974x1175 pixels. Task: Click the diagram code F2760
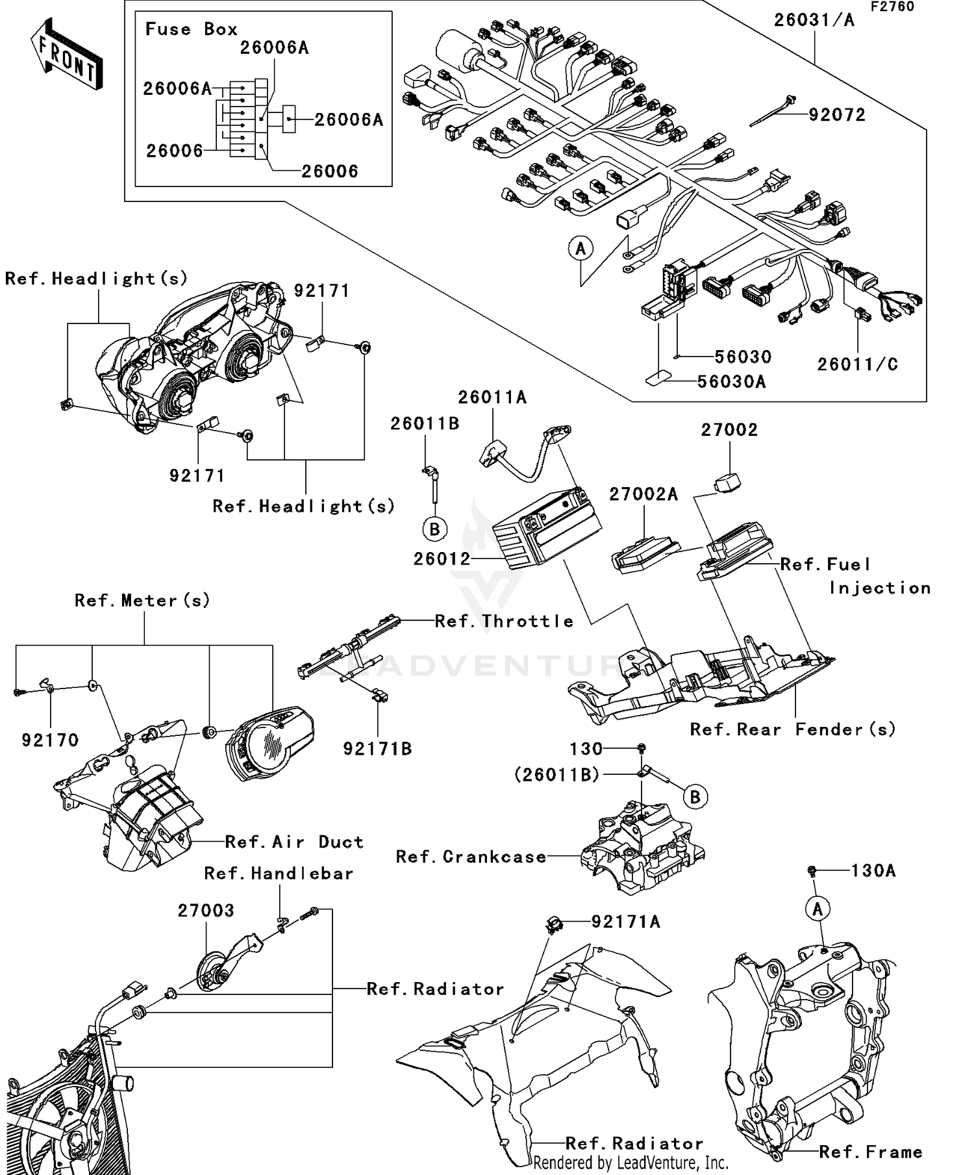[x=892, y=6]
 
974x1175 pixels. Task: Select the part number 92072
[x=837, y=116]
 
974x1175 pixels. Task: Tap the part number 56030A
[x=731, y=382]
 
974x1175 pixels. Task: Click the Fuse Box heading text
[x=191, y=29]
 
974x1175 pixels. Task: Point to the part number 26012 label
[x=442, y=559]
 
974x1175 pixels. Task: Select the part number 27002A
[x=643, y=494]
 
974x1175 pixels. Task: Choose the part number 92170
[x=50, y=740]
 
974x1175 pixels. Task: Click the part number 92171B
[x=377, y=749]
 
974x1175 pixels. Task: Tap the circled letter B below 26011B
[x=435, y=529]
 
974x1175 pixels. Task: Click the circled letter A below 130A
[x=818, y=909]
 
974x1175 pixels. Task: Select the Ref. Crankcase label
[x=471, y=857]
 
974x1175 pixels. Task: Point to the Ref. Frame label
[x=870, y=1152]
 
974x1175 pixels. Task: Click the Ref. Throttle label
[x=504, y=621]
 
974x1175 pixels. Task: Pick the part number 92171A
[x=625, y=922]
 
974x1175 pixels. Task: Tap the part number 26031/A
[x=814, y=20]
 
